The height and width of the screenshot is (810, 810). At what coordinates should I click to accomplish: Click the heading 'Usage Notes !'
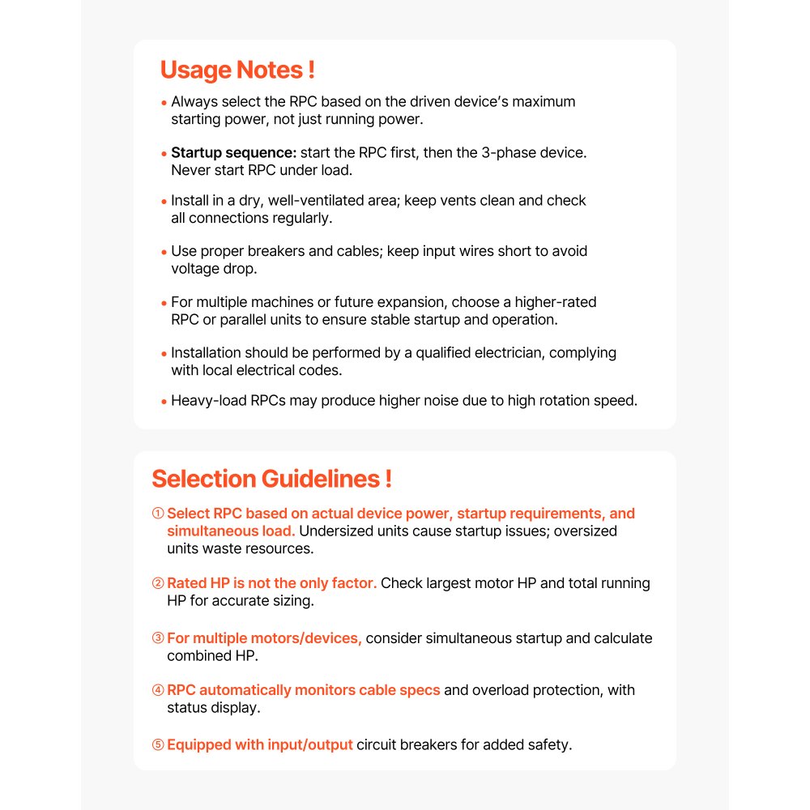click(237, 70)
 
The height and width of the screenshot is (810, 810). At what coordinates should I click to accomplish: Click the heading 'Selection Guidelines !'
click(271, 479)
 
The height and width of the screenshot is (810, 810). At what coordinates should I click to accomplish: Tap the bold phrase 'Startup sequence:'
click(234, 153)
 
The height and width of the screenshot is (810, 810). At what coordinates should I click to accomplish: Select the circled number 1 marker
click(158, 514)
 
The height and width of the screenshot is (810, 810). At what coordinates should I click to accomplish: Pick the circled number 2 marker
click(158, 583)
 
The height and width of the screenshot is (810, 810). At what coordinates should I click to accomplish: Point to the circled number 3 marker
click(158, 638)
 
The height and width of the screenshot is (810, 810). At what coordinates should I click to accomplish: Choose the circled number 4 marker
click(158, 690)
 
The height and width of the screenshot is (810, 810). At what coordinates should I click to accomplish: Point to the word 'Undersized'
click(338, 531)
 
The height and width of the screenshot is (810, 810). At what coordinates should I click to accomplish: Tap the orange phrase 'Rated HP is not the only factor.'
click(271, 583)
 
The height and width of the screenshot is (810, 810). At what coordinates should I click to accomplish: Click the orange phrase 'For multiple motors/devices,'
click(264, 638)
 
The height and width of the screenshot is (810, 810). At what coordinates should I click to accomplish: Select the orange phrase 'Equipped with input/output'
click(259, 745)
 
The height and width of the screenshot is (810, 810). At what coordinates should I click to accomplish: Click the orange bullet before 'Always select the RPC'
click(164, 104)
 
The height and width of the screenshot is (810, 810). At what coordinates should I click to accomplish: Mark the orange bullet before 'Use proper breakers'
click(164, 253)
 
